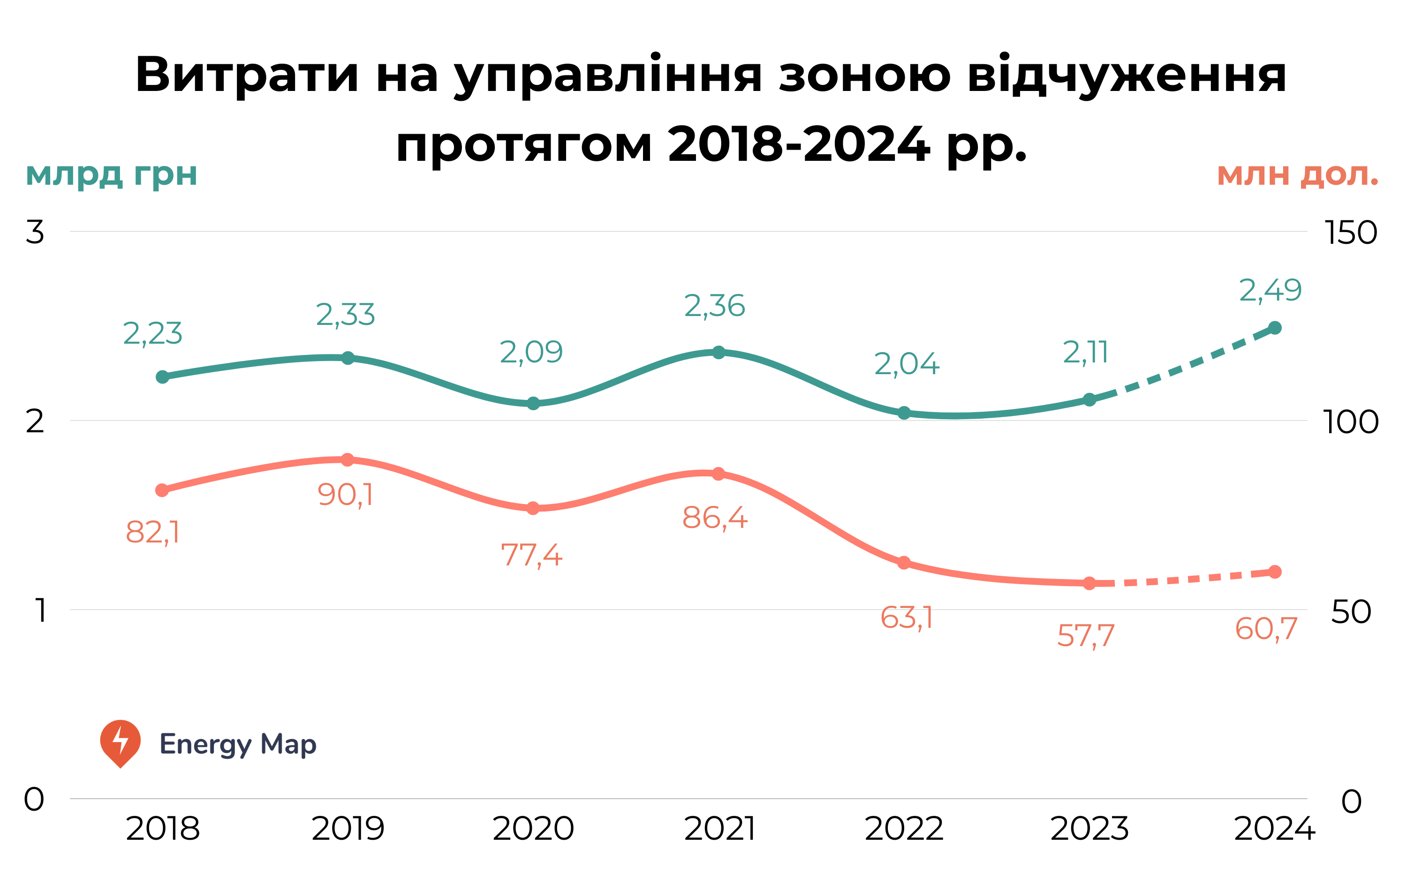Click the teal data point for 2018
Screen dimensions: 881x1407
(x=163, y=377)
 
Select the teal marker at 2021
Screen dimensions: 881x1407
(x=719, y=353)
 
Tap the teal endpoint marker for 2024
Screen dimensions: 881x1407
(x=1275, y=328)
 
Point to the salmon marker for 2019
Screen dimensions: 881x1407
(x=348, y=460)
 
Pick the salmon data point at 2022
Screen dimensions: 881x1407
(x=904, y=563)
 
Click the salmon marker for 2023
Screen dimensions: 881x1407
(x=1089, y=583)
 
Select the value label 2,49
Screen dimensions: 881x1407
(x=1270, y=290)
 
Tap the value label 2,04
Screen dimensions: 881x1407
(x=906, y=364)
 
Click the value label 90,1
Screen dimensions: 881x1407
(x=345, y=495)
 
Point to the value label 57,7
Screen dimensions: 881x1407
(x=1085, y=636)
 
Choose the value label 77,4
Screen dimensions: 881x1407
(x=531, y=555)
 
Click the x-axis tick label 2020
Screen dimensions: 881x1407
(x=533, y=829)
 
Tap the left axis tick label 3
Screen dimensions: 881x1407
(x=35, y=232)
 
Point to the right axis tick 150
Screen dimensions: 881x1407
(x=1351, y=233)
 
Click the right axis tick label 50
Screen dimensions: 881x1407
(x=1351, y=612)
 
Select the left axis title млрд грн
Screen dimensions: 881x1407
(x=111, y=174)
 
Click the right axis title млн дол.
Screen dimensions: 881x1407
(x=1297, y=174)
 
